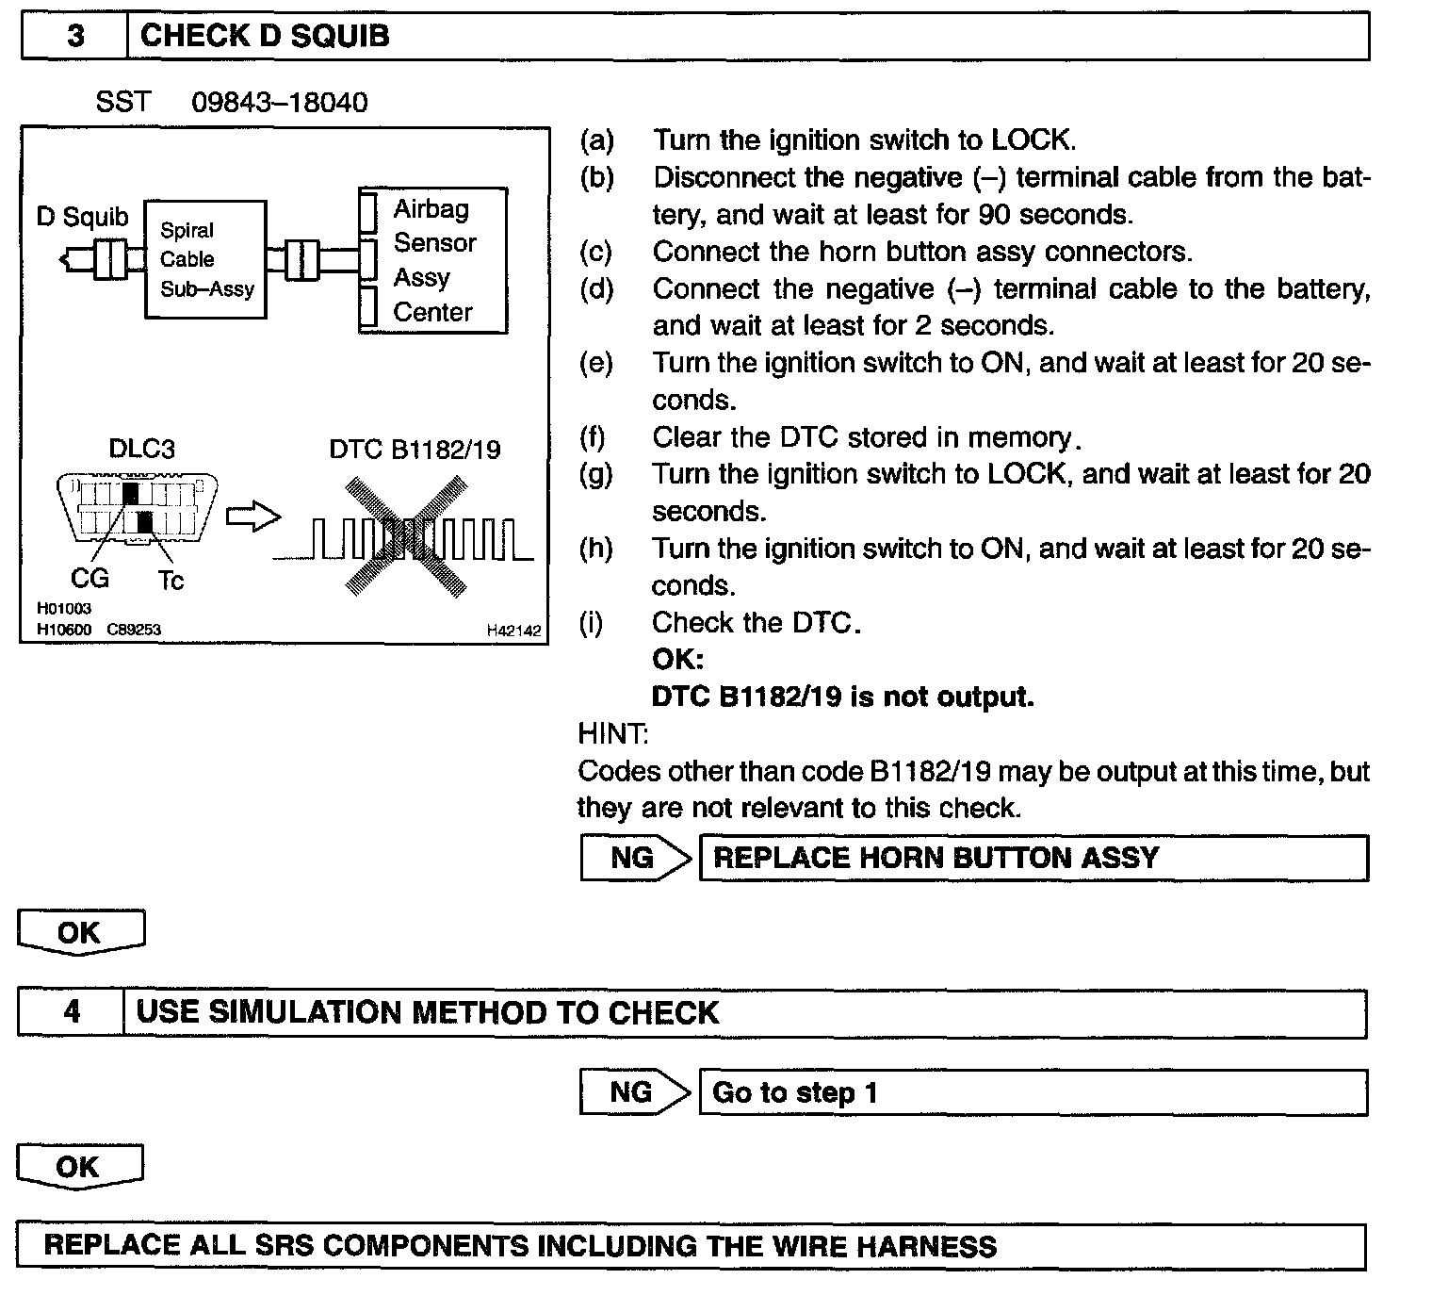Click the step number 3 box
pyautogui.click(x=74, y=37)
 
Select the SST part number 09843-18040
pyautogui.click(x=280, y=102)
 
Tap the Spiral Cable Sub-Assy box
pyautogui.click(x=205, y=259)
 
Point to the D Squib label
pyautogui.click(x=82, y=217)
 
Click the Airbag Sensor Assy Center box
pyautogui.click(x=433, y=260)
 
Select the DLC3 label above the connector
pyautogui.click(x=141, y=449)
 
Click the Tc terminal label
pyautogui.click(x=171, y=581)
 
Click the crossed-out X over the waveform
pyautogui.click(x=405, y=536)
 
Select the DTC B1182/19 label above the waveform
pyautogui.click(x=415, y=450)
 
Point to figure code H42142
pyautogui.click(x=513, y=631)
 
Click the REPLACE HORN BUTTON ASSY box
pyautogui.click(x=1033, y=858)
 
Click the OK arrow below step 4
pyautogui.click(x=79, y=1167)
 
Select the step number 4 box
pyautogui.click(x=72, y=1013)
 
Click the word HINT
pyautogui.click(x=612, y=733)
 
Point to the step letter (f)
pyautogui.click(x=593, y=437)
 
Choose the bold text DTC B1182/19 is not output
pyautogui.click(x=842, y=697)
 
